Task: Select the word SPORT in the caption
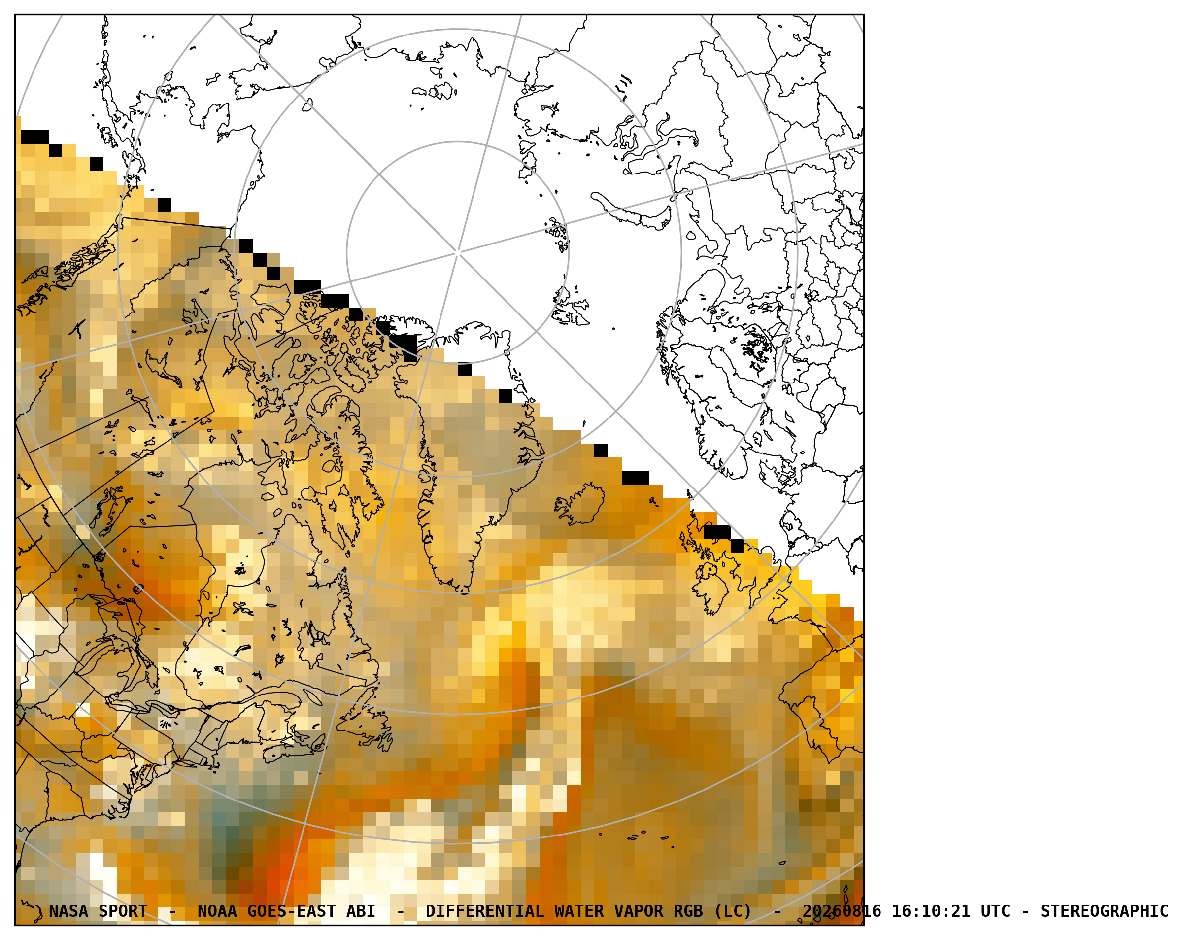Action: tap(123, 911)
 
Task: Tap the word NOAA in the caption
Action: tap(217, 911)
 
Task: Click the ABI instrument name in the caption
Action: tap(361, 911)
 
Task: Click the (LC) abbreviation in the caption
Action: tap(733, 911)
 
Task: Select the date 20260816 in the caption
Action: tap(842, 911)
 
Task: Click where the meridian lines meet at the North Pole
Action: tap(457, 253)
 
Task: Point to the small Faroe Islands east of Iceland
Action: tap(653, 502)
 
